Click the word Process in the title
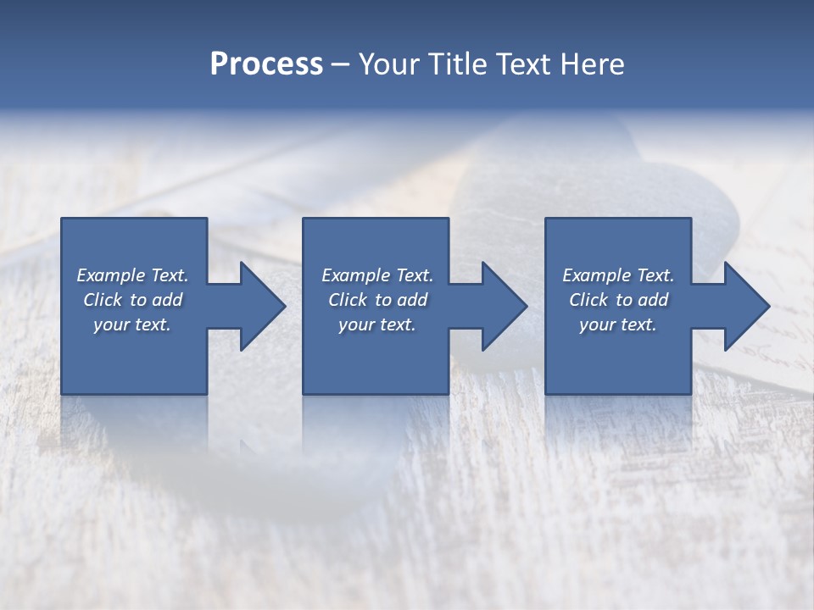tap(266, 64)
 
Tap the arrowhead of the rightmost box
tap(745, 306)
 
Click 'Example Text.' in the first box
tap(132, 275)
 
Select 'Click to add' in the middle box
tap(377, 300)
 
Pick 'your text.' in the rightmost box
tap(618, 324)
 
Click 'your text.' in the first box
tap(132, 324)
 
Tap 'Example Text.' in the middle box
tap(377, 275)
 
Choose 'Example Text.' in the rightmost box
tap(618, 275)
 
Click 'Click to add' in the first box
tap(132, 300)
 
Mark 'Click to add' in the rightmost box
tap(618, 300)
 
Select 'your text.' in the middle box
tap(377, 324)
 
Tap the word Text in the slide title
tap(525, 64)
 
